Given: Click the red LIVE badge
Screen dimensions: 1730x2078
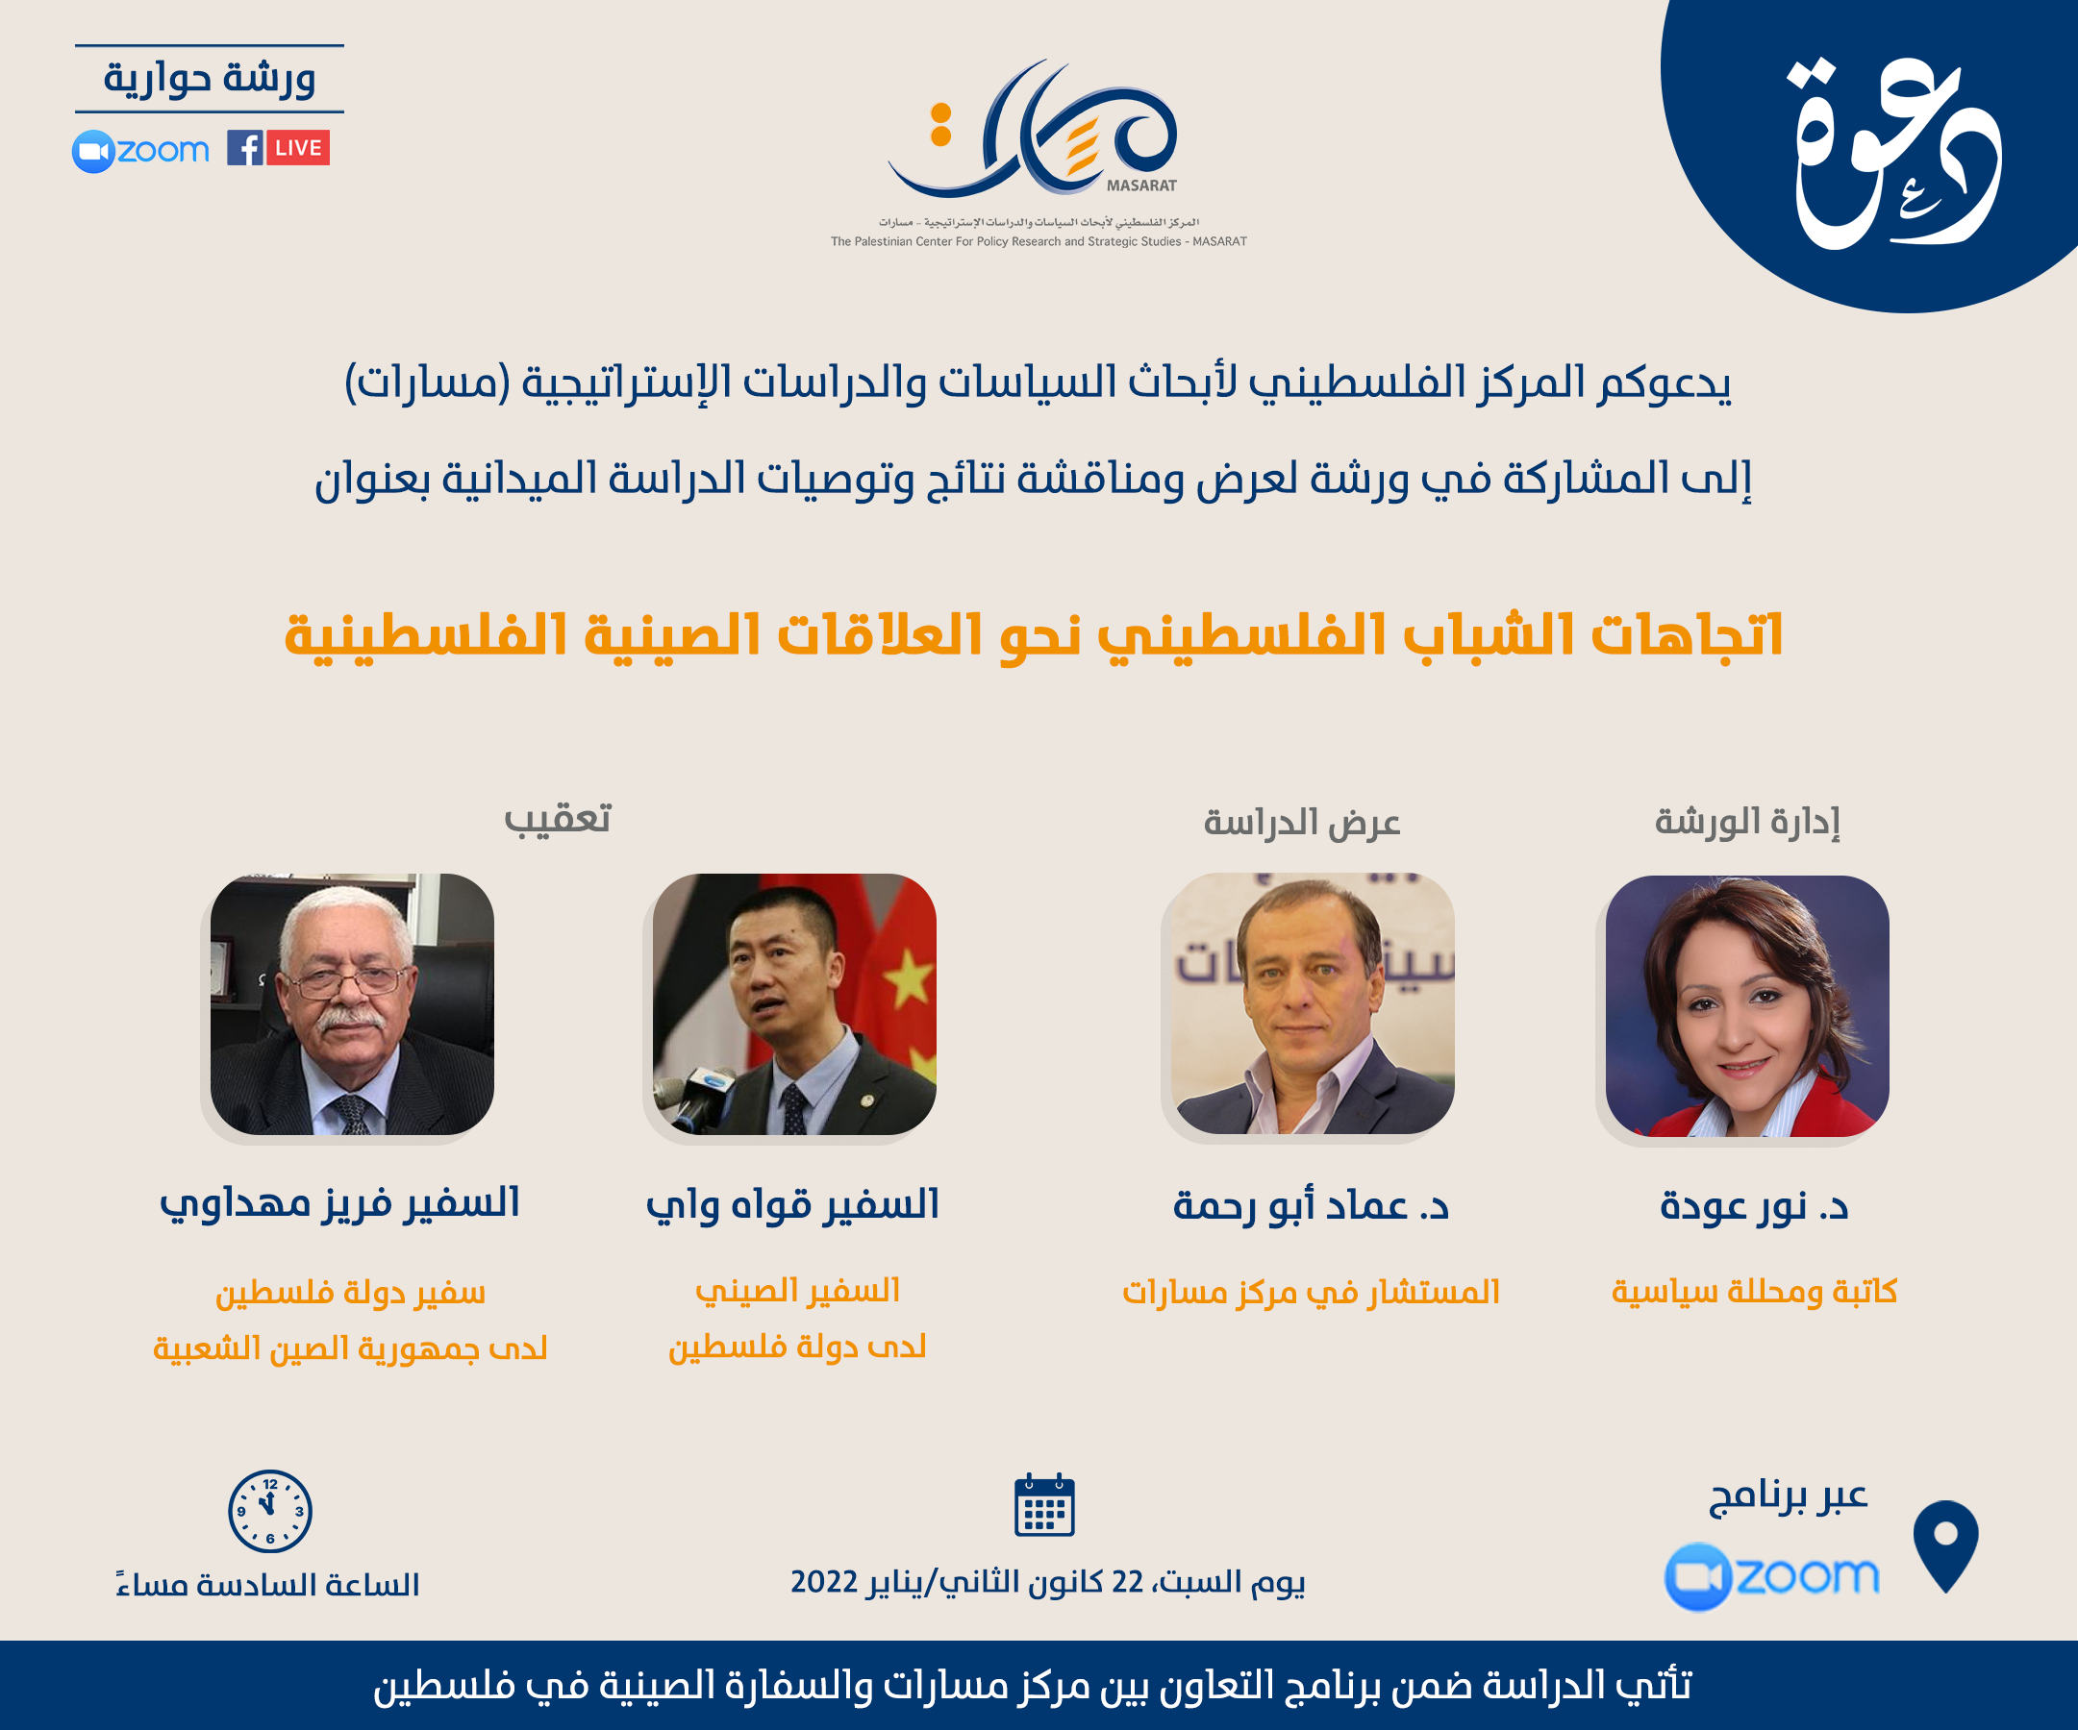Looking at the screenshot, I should tap(298, 148).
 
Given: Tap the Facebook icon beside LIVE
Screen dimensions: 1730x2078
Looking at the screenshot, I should tap(244, 148).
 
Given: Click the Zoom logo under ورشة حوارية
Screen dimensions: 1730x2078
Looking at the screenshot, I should tap(141, 151).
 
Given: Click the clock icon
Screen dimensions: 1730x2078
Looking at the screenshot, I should tap(270, 1511).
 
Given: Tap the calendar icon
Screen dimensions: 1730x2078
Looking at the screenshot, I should tap(1044, 1505).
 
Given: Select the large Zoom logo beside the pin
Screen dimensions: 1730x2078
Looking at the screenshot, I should tap(1771, 1574).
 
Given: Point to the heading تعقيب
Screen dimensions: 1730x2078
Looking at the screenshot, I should tap(558, 820).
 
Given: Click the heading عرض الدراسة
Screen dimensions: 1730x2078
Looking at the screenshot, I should tap(1301, 822).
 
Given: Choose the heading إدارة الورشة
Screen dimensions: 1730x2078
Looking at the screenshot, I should tap(1747, 821).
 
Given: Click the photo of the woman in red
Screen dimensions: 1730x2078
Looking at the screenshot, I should tap(1746, 1005).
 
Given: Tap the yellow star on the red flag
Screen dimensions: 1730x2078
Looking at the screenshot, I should tap(909, 978).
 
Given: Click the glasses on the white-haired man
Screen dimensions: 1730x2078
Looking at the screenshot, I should tap(345, 982).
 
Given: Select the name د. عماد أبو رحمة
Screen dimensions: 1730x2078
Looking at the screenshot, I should tap(1310, 1206).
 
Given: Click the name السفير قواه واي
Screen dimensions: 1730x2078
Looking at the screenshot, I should tap(792, 1205).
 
